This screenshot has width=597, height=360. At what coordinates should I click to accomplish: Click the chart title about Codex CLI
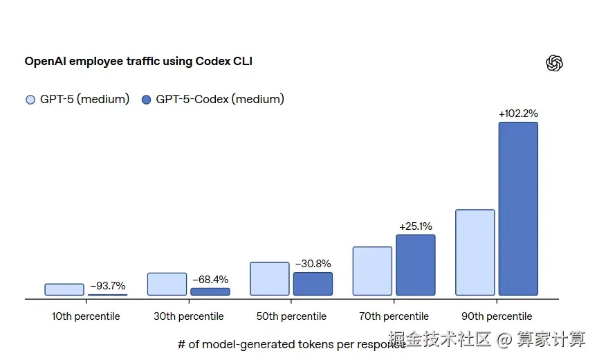138,61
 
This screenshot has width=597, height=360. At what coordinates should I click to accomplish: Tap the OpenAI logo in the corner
554,63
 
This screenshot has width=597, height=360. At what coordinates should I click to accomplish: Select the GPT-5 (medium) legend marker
30,100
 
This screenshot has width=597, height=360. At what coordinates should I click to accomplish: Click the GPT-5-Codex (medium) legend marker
146,100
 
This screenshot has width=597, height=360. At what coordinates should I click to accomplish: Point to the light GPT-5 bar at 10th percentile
64,289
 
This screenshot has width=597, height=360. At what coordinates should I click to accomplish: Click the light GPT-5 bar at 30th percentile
167,284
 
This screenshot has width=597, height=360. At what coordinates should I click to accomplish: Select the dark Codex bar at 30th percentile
210,291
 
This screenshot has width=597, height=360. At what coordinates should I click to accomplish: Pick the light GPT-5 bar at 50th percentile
270,279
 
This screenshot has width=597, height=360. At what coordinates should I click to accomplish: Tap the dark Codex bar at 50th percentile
313,284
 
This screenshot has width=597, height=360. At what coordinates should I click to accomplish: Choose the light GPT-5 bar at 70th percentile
372,271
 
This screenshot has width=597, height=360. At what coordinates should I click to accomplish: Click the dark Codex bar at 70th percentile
415,265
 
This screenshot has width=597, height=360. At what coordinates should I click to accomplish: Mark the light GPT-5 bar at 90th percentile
475,253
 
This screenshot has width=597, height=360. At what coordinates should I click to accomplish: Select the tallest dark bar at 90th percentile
518,209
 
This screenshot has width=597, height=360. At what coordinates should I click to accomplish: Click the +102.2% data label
518,114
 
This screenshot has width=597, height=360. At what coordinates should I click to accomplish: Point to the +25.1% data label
415,226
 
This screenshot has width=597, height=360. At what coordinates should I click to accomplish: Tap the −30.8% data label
313,264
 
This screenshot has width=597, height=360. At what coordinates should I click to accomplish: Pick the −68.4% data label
210,280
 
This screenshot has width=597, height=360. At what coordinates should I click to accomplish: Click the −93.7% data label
108,286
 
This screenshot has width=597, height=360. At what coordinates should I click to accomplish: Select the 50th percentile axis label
291,316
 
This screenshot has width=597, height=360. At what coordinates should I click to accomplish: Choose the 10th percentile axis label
86,316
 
